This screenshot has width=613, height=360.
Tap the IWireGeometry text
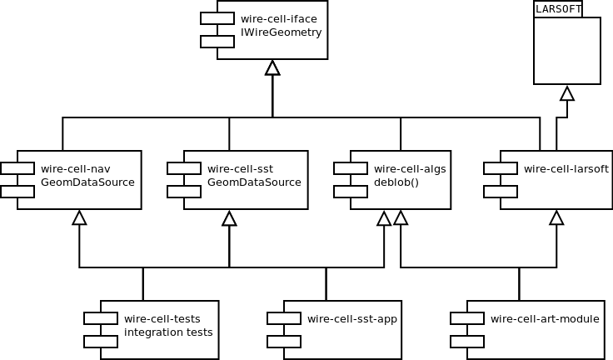[281, 33]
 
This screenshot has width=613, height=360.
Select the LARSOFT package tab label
[557, 8]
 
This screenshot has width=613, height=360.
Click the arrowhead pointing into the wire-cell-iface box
[272, 67]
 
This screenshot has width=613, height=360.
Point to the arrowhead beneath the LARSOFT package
[567, 92]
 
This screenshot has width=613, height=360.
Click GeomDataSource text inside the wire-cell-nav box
[87, 182]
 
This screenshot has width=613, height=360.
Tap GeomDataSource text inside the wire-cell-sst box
[254, 182]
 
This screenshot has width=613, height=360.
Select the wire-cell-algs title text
[410, 168]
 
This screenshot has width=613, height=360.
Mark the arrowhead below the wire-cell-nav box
[79, 217]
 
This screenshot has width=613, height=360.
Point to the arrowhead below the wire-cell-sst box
[229, 217]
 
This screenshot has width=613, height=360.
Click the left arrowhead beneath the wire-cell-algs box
[384, 217]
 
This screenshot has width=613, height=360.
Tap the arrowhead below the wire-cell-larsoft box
[556, 217]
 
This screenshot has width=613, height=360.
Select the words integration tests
[168, 332]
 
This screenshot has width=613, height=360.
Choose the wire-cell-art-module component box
[534, 329]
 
